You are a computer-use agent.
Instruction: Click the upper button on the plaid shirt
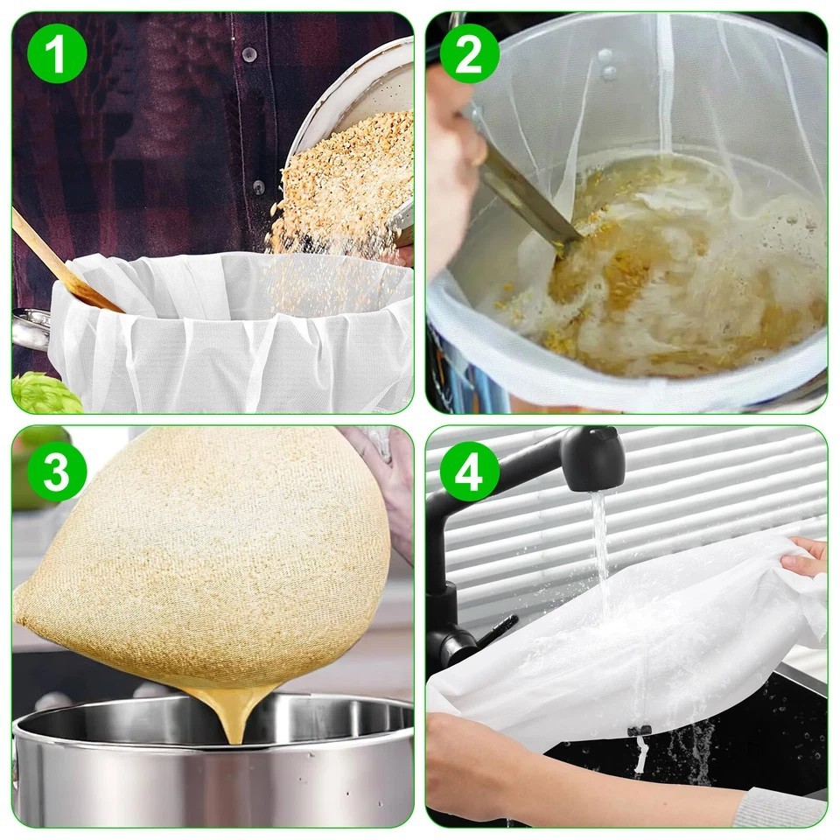250,54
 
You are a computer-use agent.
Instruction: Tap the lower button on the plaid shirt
258,186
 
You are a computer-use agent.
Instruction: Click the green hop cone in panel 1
44,394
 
